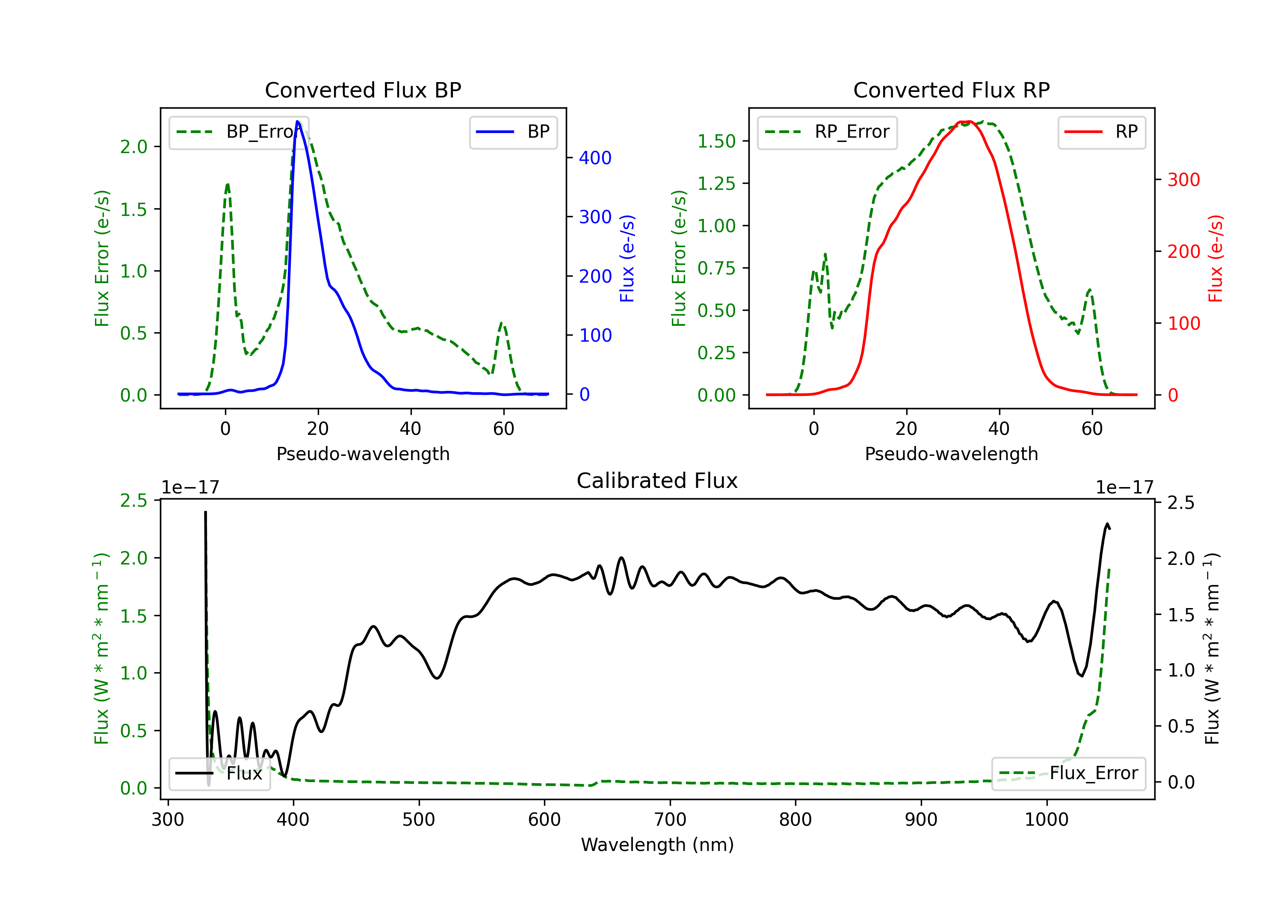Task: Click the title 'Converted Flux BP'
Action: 363,90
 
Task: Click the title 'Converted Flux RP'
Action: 951,90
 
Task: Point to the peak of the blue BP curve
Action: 298,121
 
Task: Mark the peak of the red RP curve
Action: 966,121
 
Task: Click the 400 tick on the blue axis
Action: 595,158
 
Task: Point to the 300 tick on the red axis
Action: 1183,180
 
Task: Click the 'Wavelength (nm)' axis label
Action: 657,845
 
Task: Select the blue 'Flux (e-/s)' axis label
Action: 627,258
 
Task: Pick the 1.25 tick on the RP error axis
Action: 716,183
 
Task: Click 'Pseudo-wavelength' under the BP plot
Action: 363,454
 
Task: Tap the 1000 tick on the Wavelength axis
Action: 1046,820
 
